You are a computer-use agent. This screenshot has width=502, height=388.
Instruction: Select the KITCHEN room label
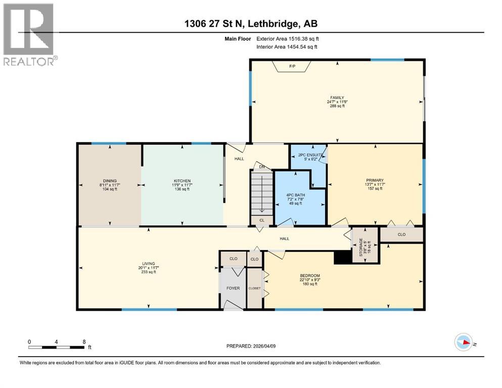(x=182, y=181)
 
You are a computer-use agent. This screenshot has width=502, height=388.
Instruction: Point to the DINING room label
(x=109, y=181)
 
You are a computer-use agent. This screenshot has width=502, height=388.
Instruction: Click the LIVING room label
(x=148, y=263)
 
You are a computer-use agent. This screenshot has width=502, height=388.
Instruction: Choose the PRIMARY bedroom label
(x=375, y=180)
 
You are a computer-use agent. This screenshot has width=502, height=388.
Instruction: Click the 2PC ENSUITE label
(x=307, y=155)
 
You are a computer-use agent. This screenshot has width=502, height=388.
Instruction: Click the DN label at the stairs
(x=261, y=166)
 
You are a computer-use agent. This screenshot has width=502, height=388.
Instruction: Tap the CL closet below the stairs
(x=261, y=220)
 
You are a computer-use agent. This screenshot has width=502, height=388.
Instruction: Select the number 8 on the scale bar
(x=83, y=341)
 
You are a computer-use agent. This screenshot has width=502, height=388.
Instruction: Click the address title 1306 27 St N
(x=251, y=23)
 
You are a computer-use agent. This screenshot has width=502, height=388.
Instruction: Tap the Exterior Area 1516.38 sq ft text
(x=288, y=38)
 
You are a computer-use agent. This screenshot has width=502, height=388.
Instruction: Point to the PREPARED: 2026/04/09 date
(x=251, y=346)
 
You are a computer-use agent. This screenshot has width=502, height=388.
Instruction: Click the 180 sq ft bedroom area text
(x=309, y=284)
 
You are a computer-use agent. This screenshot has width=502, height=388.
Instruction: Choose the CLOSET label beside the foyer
(x=255, y=288)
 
